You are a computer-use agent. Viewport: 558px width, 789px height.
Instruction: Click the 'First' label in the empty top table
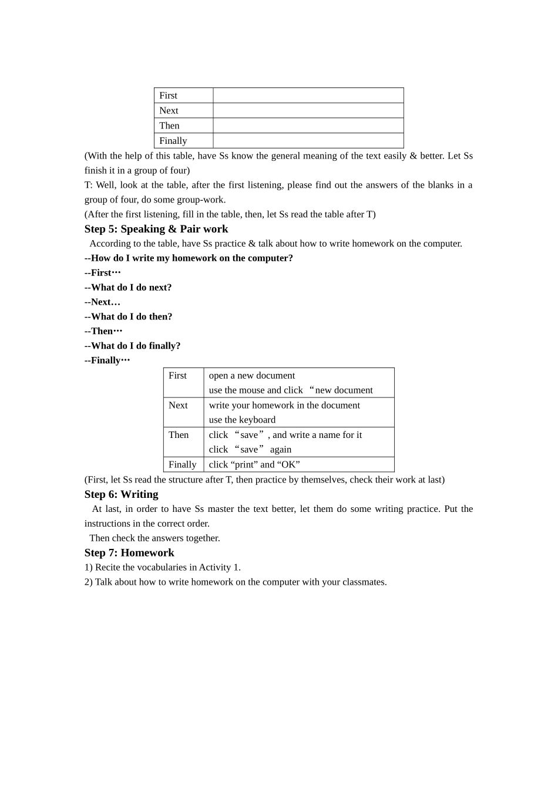coord(168,96)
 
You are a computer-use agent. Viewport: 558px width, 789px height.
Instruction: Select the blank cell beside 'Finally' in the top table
coord(308,141)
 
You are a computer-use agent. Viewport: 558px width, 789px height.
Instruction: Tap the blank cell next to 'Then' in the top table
coord(308,126)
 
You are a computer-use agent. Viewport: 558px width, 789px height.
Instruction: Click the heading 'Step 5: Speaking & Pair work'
coord(156,229)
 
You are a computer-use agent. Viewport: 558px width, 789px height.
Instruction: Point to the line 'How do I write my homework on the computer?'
coord(189,258)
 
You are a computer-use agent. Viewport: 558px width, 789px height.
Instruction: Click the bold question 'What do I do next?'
coord(128,288)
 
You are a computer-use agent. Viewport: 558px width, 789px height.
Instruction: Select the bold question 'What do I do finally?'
coord(132,346)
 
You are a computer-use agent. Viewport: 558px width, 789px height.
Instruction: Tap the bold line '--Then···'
coord(103,331)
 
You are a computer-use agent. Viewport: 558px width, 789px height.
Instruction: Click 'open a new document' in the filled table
coord(252,376)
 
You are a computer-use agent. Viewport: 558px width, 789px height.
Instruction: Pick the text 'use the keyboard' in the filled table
coord(242,420)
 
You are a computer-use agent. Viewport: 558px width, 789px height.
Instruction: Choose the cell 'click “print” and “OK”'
coord(254,464)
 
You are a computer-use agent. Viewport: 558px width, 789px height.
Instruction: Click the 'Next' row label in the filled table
coord(178,405)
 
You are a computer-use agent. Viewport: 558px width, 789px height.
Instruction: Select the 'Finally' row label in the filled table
coord(182,464)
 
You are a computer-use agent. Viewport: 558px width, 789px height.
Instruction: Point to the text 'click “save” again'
coord(250,450)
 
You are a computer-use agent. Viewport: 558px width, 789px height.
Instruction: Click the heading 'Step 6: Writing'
coord(121,494)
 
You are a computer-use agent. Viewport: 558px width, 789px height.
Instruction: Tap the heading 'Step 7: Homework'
coord(129,552)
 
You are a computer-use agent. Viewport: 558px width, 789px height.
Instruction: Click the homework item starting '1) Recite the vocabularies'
coord(162,567)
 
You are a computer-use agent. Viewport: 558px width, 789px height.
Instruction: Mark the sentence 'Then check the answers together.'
coord(154,538)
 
